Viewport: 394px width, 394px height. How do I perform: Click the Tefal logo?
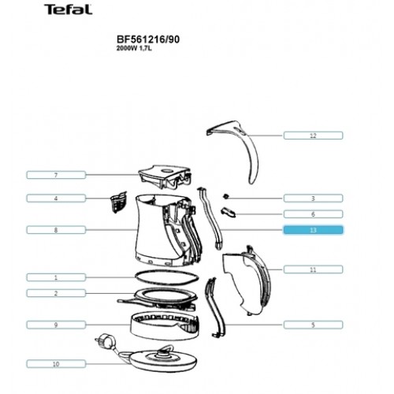(x=69, y=9)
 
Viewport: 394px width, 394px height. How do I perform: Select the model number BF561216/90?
(x=148, y=39)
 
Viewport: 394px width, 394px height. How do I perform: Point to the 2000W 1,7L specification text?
(x=134, y=48)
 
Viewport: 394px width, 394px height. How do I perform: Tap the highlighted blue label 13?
(x=313, y=230)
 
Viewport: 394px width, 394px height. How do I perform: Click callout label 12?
(x=313, y=136)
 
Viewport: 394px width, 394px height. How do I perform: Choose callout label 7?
(x=56, y=175)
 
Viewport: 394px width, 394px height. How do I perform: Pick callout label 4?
(x=56, y=199)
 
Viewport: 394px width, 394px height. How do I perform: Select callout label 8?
(x=56, y=230)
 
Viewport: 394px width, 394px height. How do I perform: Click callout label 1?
(x=56, y=277)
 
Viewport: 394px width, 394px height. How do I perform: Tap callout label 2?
(x=56, y=293)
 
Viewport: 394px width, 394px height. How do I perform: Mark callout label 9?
(x=56, y=325)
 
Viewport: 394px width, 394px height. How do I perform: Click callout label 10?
(x=56, y=364)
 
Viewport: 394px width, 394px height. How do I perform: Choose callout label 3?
(x=313, y=199)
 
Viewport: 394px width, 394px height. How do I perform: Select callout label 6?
(x=313, y=214)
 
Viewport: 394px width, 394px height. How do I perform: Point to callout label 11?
(x=313, y=269)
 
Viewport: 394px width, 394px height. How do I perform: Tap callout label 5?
(x=313, y=325)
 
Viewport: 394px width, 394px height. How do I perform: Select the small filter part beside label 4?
(x=119, y=202)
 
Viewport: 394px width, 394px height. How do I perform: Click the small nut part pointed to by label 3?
(x=225, y=196)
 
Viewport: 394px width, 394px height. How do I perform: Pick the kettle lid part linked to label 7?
(x=165, y=177)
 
